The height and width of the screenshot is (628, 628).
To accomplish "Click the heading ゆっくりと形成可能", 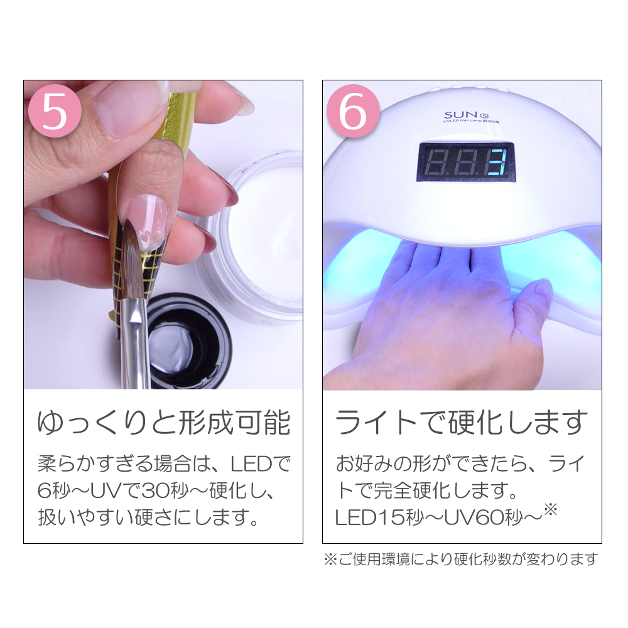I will tap(163, 422).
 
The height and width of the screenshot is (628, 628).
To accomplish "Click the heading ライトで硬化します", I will tap(462, 422).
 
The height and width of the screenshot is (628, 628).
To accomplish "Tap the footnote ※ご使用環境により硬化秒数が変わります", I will tap(462, 558).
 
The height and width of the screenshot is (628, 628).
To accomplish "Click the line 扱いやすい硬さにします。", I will tap(148, 519).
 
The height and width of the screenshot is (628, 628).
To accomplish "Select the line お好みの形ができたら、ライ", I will tap(462, 465).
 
